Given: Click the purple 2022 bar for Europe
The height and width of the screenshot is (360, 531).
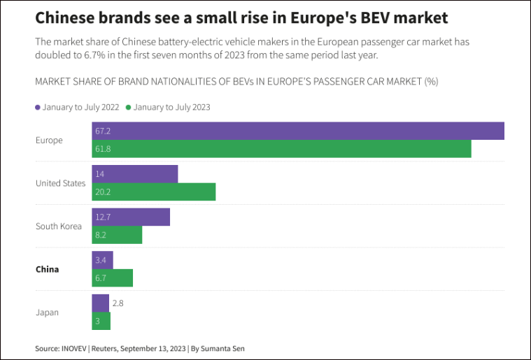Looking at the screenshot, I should [x=298, y=131].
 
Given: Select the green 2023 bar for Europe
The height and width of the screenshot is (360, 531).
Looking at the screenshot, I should [x=281, y=149].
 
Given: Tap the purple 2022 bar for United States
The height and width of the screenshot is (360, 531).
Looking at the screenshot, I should [x=135, y=174].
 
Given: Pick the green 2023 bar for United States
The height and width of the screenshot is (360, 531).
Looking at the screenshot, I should [x=154, y=192].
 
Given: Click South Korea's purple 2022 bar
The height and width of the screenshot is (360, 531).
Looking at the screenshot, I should [x=131, y=217].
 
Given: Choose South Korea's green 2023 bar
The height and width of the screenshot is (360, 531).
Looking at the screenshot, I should [x=117, y=235].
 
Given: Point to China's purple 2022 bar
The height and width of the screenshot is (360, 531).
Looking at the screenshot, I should [x=102, y=260].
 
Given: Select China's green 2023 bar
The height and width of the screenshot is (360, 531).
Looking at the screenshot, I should [x=112, y=278].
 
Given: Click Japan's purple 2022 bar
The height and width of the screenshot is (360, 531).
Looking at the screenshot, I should [x=100, y=303].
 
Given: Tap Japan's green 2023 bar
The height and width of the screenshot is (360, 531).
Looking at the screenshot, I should [x=101, y=322].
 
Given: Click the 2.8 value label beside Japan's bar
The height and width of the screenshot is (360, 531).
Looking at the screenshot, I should [x=118, y=303].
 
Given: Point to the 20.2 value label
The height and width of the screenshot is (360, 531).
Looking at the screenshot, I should [x=103, y=192].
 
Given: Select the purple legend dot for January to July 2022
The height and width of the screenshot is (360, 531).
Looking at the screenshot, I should [x=37, y=108].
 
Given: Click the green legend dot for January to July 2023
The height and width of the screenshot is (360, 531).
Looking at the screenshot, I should [x=128, y=108].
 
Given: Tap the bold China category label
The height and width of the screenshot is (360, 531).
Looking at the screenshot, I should [x=47, y=269].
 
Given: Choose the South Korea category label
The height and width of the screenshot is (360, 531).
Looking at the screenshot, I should [x=58, y=226].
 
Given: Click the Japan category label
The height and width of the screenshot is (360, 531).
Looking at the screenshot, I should [x=48, y=312].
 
